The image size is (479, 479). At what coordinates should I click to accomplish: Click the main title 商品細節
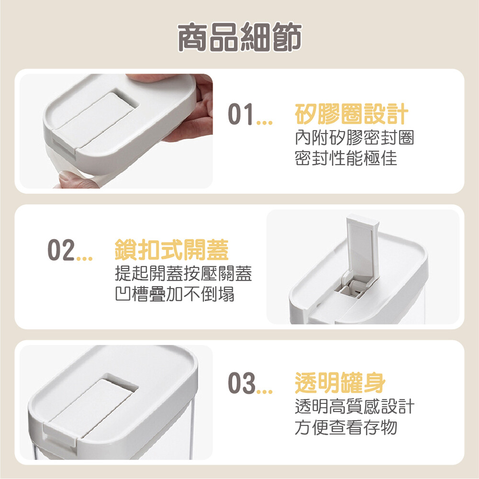[x=239, y=37]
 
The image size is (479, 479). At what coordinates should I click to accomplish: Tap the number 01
[x=241, y=114]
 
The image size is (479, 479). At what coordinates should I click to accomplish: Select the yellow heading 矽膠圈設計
[x=352, y=114]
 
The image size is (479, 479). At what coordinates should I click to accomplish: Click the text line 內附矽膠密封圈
[x=354, y=138]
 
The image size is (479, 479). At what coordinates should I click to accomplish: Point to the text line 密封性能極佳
[x=346, y=158]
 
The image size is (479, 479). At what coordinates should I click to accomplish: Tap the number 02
[x=61, y=250]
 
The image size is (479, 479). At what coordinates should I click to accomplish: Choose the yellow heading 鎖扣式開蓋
[x=171, y=250]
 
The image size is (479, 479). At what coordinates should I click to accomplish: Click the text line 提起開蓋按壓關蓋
[x=183, y=274]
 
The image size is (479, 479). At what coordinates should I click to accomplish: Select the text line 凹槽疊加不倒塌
[x=175, y=294]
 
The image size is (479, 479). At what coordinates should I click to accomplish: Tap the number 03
[x=241, y=383]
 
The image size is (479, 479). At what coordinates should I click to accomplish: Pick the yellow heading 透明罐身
[x=340, y=382]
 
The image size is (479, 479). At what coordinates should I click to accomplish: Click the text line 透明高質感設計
[x=354, y=406]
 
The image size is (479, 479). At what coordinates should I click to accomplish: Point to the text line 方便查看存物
[x=346, y=427]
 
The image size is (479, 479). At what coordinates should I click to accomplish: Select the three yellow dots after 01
[x=264, y=123]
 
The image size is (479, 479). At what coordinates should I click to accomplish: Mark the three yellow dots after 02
[x=84, y=259]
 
